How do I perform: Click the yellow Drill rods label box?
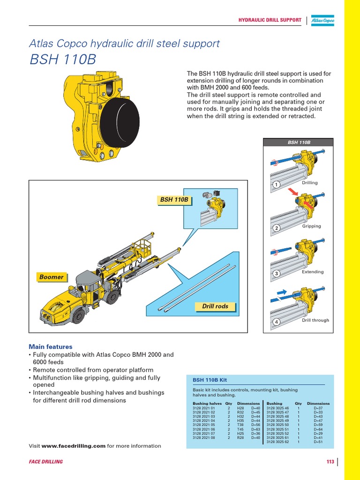pos(215,307)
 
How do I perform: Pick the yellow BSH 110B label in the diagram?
pos(174,200)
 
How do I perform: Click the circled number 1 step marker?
pos(277,185)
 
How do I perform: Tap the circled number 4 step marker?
pos(277,322)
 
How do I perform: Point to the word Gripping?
pos(312,226)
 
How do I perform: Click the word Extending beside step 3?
pos(313,272)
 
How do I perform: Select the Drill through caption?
pos(315,320)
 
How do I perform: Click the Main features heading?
pos(50,346)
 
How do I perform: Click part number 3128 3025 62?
pos(278,442)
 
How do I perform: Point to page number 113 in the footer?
pos(330,462)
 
